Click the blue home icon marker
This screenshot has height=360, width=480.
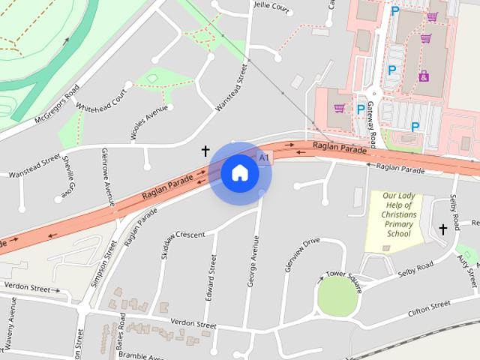[x=239, y=173]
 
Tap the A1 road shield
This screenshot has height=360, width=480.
[x=263, y=157]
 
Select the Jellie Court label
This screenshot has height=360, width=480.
[x=271, y=6]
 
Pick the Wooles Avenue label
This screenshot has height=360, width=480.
[x=148, y=124]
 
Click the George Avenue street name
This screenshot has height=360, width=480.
[x=254, y=260]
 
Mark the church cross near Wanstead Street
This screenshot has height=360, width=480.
[x=205, y=151]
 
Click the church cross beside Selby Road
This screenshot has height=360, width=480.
[x=442, y=229]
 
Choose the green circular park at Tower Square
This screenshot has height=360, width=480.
[x=338, y=297]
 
